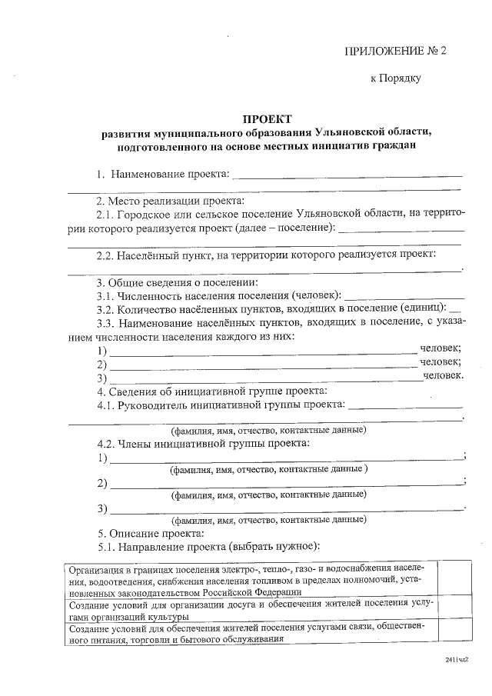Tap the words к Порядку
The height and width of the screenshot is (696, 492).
[x=395, y=78]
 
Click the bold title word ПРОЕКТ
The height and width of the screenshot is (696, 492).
[x=267, y=119]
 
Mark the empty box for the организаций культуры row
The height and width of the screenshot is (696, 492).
[x=454, y=611]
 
